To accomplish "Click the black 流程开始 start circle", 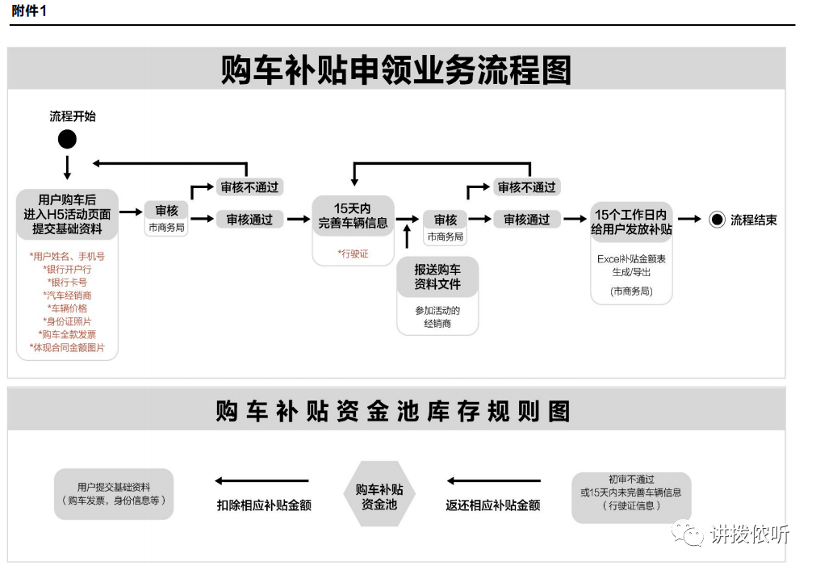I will pyautogui.click(x=67, y=140).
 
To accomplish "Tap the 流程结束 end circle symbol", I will pyautogui.click(x=717, y=220).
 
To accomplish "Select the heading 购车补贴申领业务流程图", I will pyautogui.click(x=395, y=70).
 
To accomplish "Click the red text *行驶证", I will pyautogui.click(x=353, y=254).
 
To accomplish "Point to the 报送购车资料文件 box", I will pyautogui.click(x=437, y=277).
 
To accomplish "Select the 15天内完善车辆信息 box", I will pyautogui.click(x=353, y=216).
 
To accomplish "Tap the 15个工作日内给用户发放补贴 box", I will pyautogui.click(x=631, y=221).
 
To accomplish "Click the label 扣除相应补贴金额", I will pyautogui.click(x=264, y=505).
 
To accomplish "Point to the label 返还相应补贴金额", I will pyautogui.click(x=492, y=505).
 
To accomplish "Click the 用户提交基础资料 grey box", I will pyautogui.click(x=114, y=494).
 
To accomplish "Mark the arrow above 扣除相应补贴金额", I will pyautogui.click(x=263, y=481).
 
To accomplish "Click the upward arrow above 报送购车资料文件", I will pyautogui.click(x=407, y=237).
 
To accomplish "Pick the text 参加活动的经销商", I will pyautogui.click(x=437, y=317).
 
